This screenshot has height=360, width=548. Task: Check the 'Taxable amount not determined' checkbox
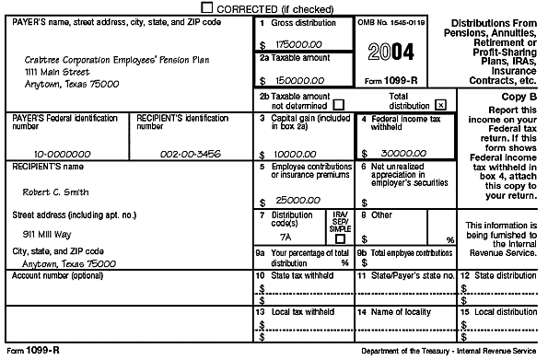[339, 102]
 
